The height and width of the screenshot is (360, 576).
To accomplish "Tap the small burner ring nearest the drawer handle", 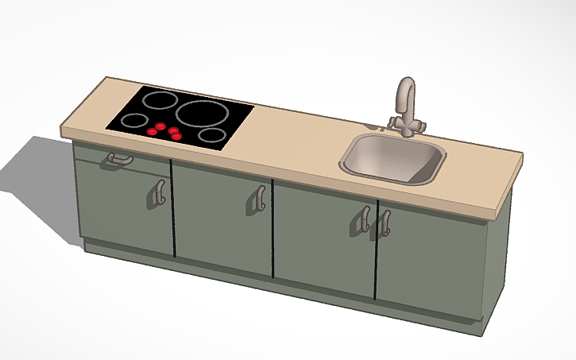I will coord(134,122).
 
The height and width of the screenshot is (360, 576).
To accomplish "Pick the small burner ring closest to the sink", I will coord(211,134).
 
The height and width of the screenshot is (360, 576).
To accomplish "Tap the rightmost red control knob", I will coord(177,136).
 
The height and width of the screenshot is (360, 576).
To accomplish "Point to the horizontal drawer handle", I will coord(118,160).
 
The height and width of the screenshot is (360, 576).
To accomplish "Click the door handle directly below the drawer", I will coord(159,192).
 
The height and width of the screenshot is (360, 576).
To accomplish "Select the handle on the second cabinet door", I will coord(259,199).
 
